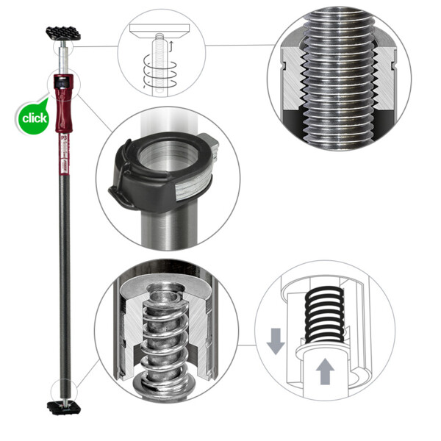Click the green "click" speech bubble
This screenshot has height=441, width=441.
[x=34, y=118]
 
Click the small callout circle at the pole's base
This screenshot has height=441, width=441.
[x=60, y=388]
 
